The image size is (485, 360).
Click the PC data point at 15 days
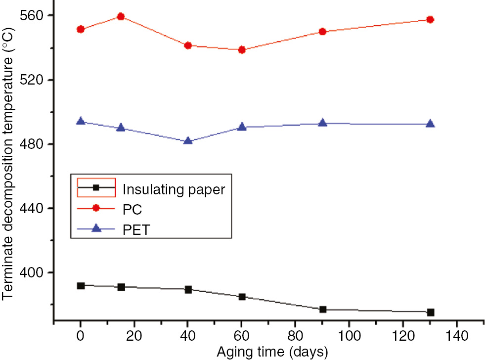(121, 16)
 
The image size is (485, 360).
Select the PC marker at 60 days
(242, 49)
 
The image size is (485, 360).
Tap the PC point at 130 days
(430, 19)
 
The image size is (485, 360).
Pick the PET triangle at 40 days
(188, 141)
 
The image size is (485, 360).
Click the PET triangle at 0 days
(81, 122)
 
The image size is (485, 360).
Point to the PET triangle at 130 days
(430, 124)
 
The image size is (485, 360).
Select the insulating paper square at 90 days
(323, 310)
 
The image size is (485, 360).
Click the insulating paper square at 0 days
(81, 285)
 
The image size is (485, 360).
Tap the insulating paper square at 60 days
(242, 297)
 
